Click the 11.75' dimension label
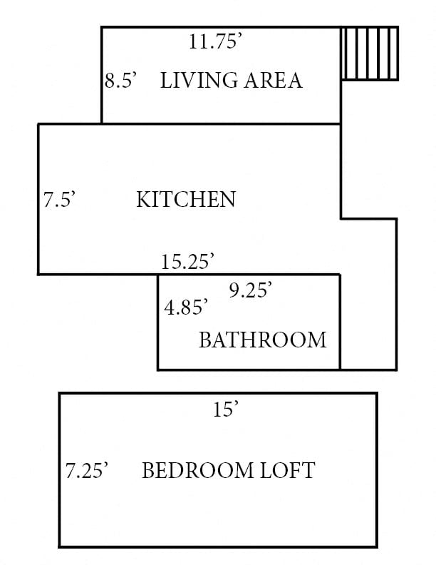click(216, 42)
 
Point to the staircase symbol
click(369, 54)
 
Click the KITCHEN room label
click(185, 199)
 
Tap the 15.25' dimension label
click(187, 262)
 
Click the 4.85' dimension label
click(186, 307)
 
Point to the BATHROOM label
click(262, 340)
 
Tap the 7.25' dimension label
click(86, 471)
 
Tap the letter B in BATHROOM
click(204, 340)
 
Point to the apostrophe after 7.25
click(105, 466)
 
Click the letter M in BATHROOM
click(318, 340)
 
